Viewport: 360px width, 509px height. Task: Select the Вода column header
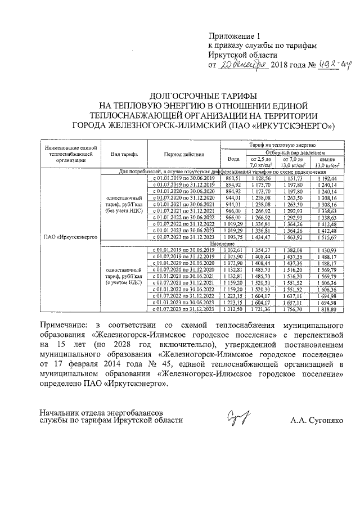[x=229, y=159]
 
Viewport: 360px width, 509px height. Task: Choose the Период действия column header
[x=181, y=154]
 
